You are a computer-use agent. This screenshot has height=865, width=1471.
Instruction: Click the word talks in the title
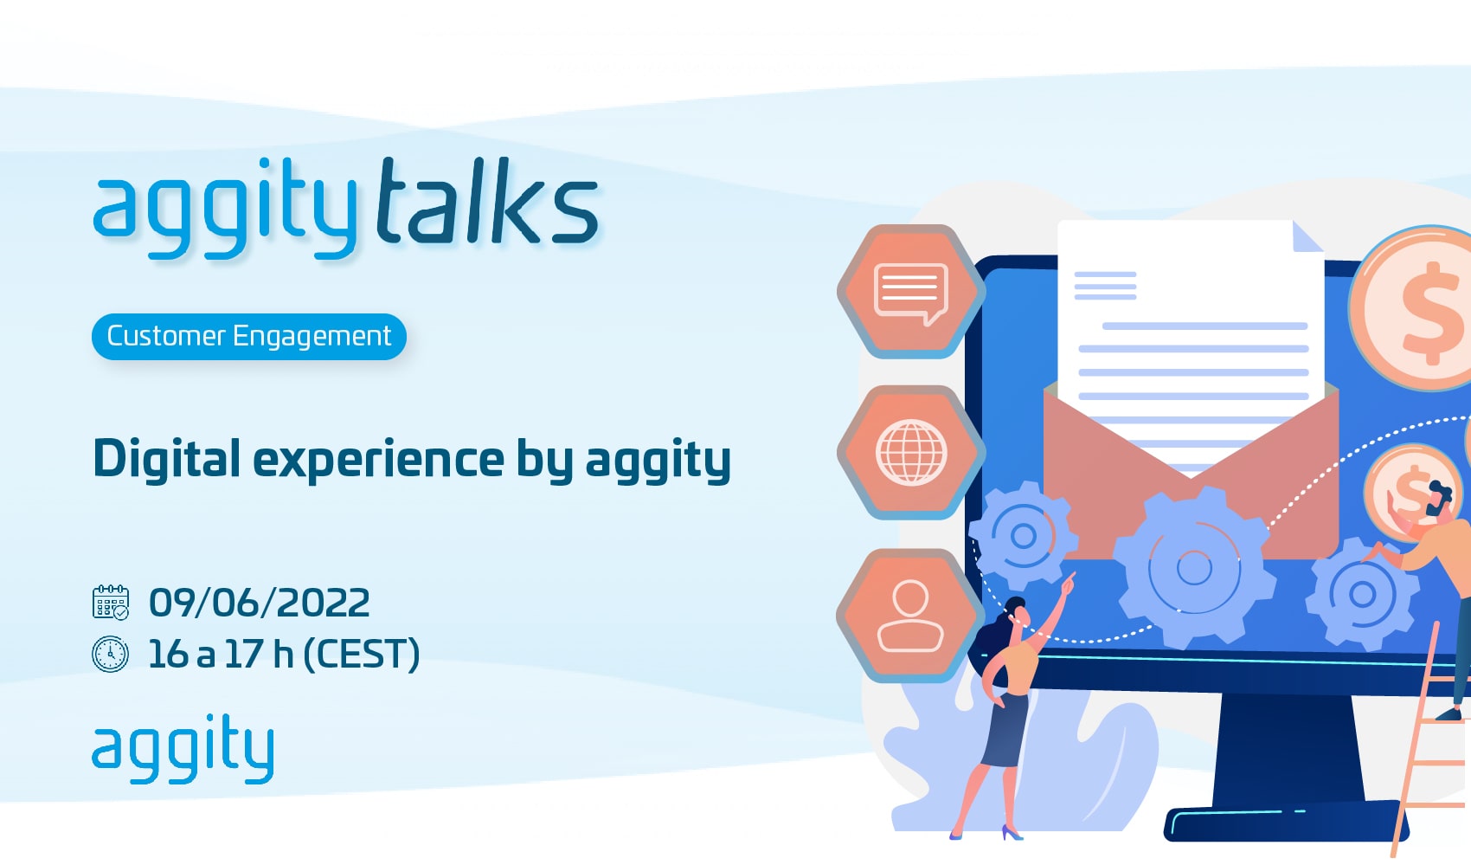487,201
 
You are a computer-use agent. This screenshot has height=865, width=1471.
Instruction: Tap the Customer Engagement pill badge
249,337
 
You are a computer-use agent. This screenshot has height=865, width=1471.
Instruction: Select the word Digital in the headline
167,458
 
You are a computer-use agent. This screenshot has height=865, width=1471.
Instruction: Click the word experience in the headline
378,460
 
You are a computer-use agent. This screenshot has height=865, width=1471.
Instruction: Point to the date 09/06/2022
260,602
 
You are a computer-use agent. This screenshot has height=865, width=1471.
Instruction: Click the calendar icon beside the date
111,602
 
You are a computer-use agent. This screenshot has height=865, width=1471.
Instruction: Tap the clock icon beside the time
111,654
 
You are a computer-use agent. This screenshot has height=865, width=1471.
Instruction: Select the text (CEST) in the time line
361,654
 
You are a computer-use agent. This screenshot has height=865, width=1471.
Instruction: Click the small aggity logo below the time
183,749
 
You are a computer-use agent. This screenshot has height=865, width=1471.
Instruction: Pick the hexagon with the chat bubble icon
911,291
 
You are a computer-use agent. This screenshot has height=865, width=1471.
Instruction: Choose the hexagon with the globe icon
911,452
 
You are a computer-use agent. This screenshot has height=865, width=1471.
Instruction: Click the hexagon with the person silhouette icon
911,616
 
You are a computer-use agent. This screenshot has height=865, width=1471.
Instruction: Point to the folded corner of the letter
1307,236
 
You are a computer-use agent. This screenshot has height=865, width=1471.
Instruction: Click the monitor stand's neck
1281,749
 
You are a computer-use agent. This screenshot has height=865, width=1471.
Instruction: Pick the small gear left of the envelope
1023,536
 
